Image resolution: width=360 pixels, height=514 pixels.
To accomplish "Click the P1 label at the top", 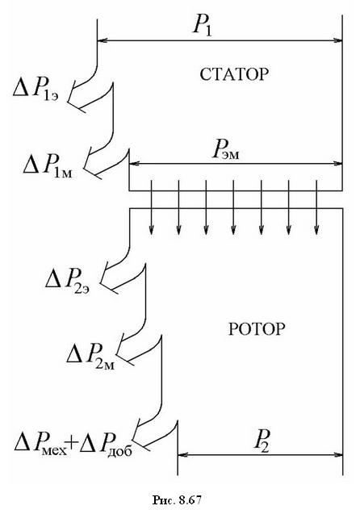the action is click(203, 26).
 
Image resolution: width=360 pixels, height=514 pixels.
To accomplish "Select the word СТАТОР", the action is click(234, 75).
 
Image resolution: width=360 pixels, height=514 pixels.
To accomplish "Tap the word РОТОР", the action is click(256, 329).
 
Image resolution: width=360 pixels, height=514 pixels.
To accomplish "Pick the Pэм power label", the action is click(226, 151).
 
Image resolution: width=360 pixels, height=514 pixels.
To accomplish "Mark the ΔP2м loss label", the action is click(90, 356).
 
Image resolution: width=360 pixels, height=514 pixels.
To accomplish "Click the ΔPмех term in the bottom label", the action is click(40, 443).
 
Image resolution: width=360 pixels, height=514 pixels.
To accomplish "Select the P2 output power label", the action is click(262, 441).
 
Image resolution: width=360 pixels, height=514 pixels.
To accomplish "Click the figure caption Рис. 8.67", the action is click(177, 499).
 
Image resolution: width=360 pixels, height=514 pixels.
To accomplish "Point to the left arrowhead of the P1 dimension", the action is click(103, 40).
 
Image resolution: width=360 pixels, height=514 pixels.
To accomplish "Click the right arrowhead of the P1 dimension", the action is click(337, 40).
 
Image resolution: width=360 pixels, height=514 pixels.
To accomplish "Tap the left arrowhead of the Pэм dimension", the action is click(135, 163).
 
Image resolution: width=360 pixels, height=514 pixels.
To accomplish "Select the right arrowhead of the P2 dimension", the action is click(337, 454).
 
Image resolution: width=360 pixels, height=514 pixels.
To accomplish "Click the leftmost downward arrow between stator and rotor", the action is click(151, 207).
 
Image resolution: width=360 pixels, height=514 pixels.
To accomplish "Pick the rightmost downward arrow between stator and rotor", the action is click(316, 207).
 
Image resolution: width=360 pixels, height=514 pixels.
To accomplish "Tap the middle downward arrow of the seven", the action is click(233, 207).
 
